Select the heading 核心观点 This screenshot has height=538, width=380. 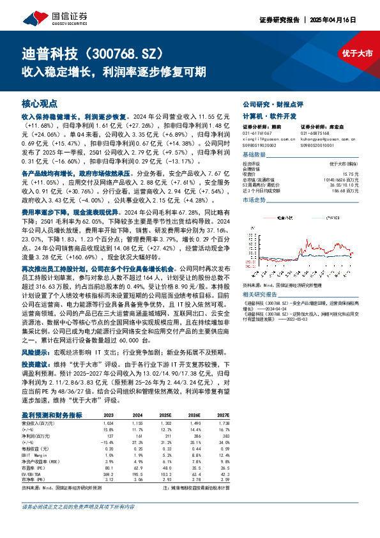coord(40,103)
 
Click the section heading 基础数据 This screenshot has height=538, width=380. coord(254,155)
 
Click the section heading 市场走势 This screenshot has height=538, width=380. coord(254,200)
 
